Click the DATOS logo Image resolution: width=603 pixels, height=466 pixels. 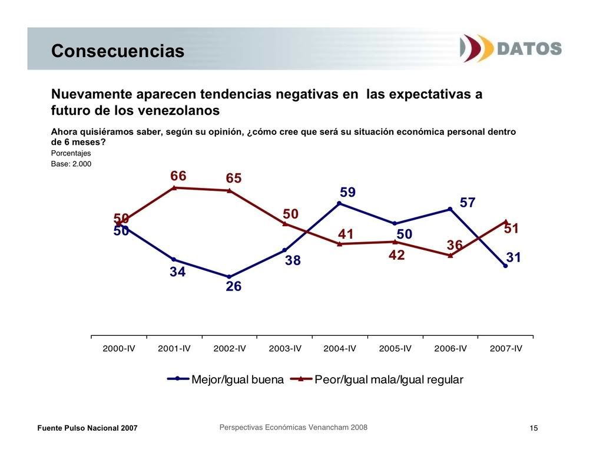tap(511, 48)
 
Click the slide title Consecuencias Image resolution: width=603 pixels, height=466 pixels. tap(118, 51)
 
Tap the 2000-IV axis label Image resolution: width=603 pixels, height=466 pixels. tap(119, 348)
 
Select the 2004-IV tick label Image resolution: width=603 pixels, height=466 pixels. tap(340, 348)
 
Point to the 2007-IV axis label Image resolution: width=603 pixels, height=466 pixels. tap(506, 348)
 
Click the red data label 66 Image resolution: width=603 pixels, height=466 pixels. tap(178, 176)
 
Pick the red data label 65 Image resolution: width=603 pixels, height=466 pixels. tap(234, 179)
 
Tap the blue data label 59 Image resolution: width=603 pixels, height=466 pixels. tap(347, 193)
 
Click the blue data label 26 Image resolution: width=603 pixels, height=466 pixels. tap(234, 287)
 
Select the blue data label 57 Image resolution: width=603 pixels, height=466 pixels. tap(468, 203)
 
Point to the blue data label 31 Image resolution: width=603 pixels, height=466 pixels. tap(514, 257)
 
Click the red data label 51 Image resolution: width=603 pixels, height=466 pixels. tap(511, 229)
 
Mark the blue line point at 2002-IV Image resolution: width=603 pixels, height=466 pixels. tap(229, 276)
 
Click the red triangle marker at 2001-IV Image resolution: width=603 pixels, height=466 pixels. tap(174, 188)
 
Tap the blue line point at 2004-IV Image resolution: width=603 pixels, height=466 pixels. tap(340, 203)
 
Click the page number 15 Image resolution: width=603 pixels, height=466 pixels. tap(534, 428)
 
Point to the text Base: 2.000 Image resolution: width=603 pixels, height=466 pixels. tap(71, 164)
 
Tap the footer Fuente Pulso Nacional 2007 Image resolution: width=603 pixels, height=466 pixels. tap(87, 428)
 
